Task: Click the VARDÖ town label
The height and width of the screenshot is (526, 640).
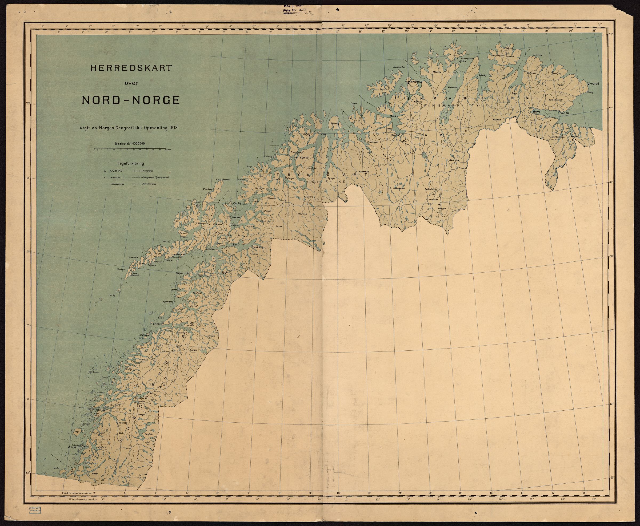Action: [595, 83]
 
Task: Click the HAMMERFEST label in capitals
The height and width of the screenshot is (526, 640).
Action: [415, 82]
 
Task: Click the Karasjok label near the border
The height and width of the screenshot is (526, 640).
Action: [454, 159]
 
